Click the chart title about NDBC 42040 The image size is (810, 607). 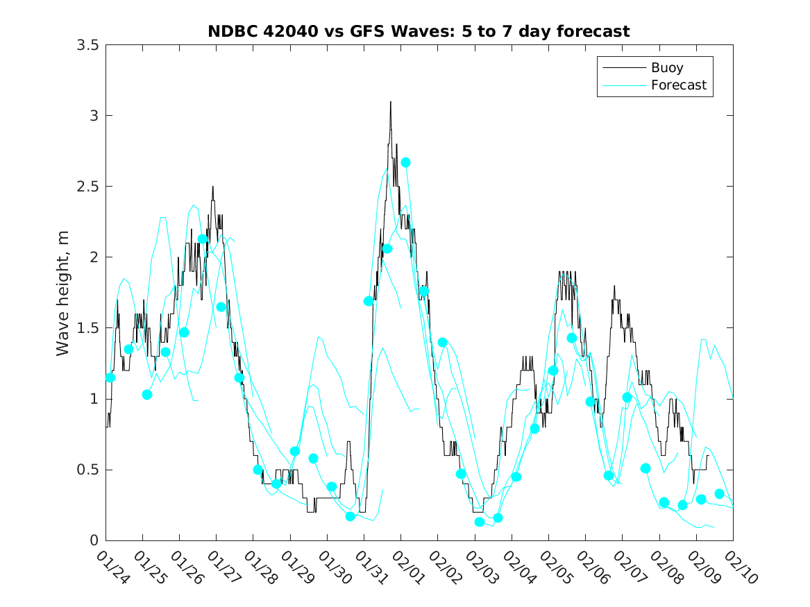point(419,32)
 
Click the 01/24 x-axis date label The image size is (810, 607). point(112,567)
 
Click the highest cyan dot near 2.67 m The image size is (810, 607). point(406,162)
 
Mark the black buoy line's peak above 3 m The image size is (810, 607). point(390,102)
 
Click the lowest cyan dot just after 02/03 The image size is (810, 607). point(480,522)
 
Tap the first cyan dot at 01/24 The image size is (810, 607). point(110,377)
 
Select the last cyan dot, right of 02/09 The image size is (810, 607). point(719,494)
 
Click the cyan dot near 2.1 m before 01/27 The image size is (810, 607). point(203,239)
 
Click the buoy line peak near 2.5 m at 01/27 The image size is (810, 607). point(213,187)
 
